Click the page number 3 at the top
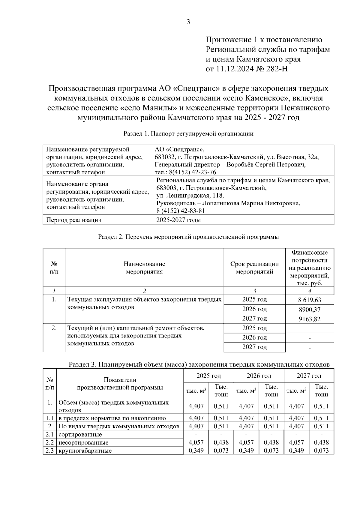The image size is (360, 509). click(188, 22)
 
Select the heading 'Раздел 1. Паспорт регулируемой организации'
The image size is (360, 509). click(188, 134)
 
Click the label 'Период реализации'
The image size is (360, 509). click(74, 220)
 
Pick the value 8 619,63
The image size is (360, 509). click(310, 300)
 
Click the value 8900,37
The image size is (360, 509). click(310, 310)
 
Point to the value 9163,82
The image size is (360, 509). click(310, 319)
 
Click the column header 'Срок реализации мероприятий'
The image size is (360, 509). click(254, 268)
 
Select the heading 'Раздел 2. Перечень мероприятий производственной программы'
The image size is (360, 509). click(188, 237)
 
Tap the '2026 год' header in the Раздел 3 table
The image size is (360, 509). click(259, 376)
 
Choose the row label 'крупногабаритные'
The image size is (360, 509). click(85, 451)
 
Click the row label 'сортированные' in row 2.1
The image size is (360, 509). click(80, 434)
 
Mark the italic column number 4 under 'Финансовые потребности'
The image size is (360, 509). click(310, 291)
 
